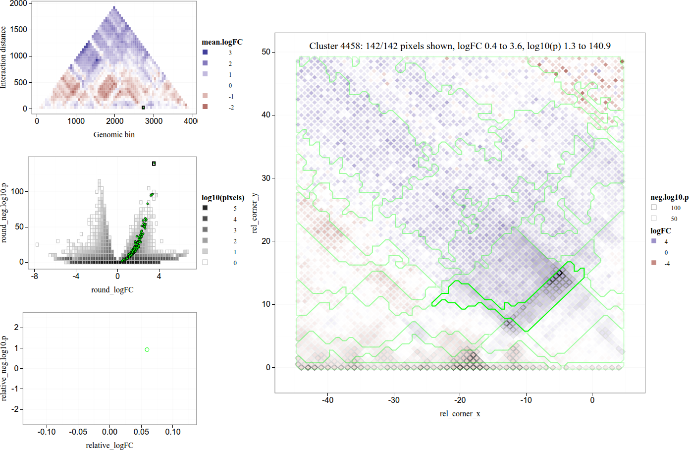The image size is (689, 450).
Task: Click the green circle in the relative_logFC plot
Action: (x=147, y=350)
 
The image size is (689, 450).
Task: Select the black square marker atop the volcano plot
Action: (x=154, y=164)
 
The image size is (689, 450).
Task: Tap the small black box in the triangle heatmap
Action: (x=143, y=107)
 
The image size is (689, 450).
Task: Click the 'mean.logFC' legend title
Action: (x=222, y=42)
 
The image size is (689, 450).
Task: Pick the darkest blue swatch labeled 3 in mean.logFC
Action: (x=205, y=52)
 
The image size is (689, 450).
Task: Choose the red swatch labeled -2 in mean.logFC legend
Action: (x=205, y=107)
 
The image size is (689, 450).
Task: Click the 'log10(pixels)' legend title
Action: (x=223, y=198)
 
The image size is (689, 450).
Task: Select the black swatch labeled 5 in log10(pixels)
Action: (x=205, y=208)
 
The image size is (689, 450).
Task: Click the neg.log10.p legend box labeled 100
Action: (x=654, y=207)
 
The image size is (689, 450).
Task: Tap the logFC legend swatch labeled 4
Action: (x=654, y=241)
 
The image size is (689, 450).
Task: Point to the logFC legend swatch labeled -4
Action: (x=654, y=263)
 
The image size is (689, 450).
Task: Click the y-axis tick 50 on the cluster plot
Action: (x=266, y=52)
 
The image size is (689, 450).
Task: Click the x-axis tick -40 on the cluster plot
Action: (x=327, y=400)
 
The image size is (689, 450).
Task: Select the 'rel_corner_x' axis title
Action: (x=460, y=414)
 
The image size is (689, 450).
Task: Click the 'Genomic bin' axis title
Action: (x=114, y=135)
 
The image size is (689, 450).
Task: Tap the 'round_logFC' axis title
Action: (x=112, y=290)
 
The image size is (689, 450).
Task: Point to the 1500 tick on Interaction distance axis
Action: (x=19, y=29)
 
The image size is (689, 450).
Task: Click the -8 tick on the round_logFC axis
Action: (x=35, y=276)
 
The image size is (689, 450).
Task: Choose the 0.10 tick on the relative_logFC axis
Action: (x=173, y=432)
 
